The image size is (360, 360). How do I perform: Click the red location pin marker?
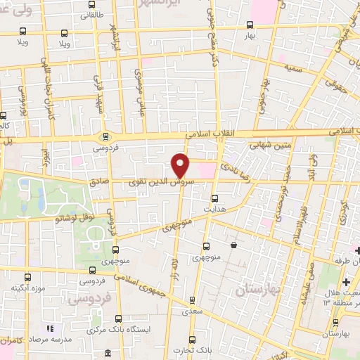[x=181, y=165]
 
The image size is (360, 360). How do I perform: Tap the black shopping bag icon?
[x=233, y=245]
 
